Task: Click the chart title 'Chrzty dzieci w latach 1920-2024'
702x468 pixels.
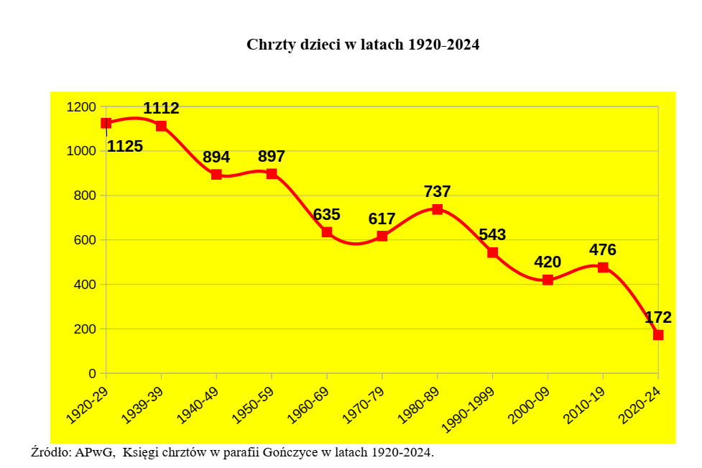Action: pyautogui.click(x=363, y=45)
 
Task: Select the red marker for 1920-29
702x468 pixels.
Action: pyautogui.click(x=106, y=123)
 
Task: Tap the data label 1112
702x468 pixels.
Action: pyautogui.click(x=161, y=109)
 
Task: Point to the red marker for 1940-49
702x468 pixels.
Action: pyautogui.click(x=216, y=174)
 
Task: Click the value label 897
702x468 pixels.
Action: pyautogui.click(x=272, y=157)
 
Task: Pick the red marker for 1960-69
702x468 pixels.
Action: pyautogui.click(x=327, y=232)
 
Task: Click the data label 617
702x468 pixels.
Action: pyautogui.click(x=382, y=219)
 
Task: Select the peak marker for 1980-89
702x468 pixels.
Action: pyautogui.click(x=438, y=209)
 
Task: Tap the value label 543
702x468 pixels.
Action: pyautogui.click(x=493, y=234)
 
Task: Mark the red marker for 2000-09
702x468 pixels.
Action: pyautogui.click(x=548, y=280)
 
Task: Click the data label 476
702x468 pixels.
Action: pyautogui.click(x=603, y=250)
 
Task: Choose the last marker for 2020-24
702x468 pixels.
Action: pyautogui.click(x=658, y=335)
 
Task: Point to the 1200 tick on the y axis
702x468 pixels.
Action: pyautogui.click(x=80, y=107)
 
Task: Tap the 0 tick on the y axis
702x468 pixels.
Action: pyautogui.click(x=93, y=374)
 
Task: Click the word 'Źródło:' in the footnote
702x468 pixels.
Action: pyautogui.click(x=52, y=452)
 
